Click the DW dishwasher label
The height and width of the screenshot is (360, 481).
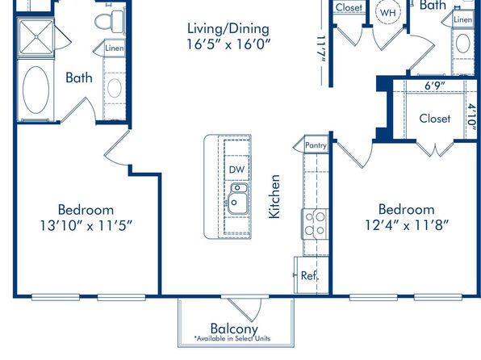tap(236, 170)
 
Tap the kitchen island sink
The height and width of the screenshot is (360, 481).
tap(237, 199)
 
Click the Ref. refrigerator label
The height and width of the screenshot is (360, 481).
tap(310, 275)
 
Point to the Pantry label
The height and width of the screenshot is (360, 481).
tap(316, 144)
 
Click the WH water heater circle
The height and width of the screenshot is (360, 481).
tap(387, 13)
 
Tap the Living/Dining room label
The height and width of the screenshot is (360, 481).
tap(228, 29)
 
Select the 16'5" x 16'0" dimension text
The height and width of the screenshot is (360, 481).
tap(229, 44)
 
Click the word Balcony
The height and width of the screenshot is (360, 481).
tap(234, 329)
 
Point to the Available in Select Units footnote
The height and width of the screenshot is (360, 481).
tap(232, 338)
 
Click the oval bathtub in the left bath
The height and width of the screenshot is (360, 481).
tap(36, 90)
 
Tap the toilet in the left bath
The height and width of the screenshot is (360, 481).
tap(110, 22)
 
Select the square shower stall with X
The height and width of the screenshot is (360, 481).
tap(36, 37)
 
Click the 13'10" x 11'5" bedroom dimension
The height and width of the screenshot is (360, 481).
tap(86, 226)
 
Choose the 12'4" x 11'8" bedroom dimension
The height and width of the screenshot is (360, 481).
tap(407, 225)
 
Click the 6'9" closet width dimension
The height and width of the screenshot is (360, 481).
tap(435, 86)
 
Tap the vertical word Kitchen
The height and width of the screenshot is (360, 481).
tap(274, 196)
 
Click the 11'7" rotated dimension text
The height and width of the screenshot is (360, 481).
tap(321, 50)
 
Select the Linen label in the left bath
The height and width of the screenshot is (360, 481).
tap(115, 48)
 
